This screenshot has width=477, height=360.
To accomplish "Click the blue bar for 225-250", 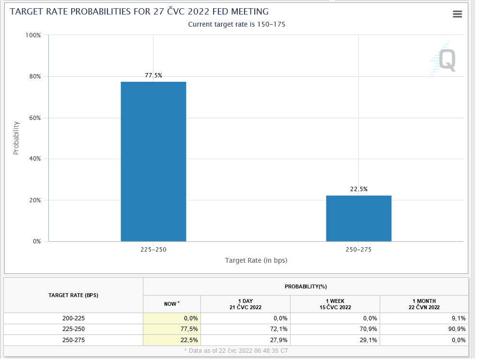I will coord(153,161).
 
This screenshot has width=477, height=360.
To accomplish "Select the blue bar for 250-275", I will coord(358,218).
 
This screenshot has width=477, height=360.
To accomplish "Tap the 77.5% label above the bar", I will coord(154,75).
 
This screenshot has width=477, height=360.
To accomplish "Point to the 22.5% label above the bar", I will coord(359,189).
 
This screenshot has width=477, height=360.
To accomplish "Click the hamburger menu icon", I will coord(457,14).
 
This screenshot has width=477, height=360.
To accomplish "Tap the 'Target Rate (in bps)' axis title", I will coord(256,260).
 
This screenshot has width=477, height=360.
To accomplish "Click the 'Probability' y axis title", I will coord(16,138).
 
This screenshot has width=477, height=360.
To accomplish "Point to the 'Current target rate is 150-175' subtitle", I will coord(236,24).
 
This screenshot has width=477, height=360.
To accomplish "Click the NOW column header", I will coord(172,303).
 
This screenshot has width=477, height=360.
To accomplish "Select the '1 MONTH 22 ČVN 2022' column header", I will coord(424,304).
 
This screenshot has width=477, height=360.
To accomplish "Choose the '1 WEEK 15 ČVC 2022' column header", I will coord(335,304).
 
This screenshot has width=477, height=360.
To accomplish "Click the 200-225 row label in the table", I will coord(74,318).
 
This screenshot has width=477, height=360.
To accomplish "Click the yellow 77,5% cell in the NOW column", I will coord(172,329).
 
